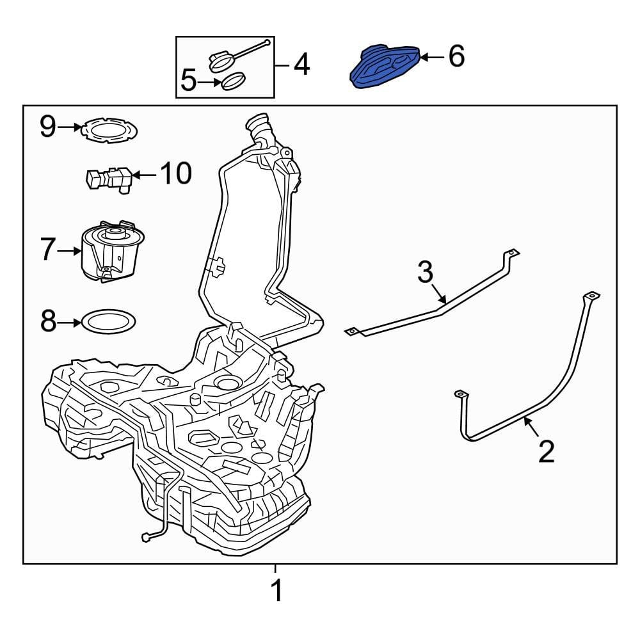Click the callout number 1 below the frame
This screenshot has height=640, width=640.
click(276, 591)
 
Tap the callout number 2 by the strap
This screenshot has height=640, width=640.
click(546, 451)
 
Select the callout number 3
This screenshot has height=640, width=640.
click(426, 272)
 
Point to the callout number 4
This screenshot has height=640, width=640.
click(301, 65)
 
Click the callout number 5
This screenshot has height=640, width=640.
click(189, 81)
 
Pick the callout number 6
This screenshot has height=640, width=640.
click(456, 57)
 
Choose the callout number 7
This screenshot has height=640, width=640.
click(49, 250)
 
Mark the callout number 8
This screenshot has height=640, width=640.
click(49, 322)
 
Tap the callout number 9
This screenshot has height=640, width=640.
click(49, 127)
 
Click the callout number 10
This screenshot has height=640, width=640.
click(175, 173)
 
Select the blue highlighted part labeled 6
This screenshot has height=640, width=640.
click(384, 67)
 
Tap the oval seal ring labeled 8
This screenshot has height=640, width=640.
click(109, 322)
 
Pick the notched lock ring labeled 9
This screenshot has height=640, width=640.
click(111, 130)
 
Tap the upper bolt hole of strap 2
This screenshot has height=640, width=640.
click(592, 296)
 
